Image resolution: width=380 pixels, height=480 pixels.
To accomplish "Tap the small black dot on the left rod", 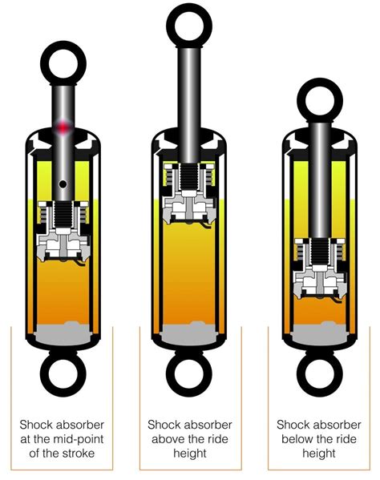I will click(63, 186).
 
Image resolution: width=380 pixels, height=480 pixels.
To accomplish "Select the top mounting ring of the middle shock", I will click(189, 26).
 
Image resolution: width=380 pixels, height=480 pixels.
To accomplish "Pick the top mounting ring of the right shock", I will click(319, 99).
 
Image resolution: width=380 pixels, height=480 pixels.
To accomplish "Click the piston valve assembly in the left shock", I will click(63, 236).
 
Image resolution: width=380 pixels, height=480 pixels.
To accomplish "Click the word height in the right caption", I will click(319, 454).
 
